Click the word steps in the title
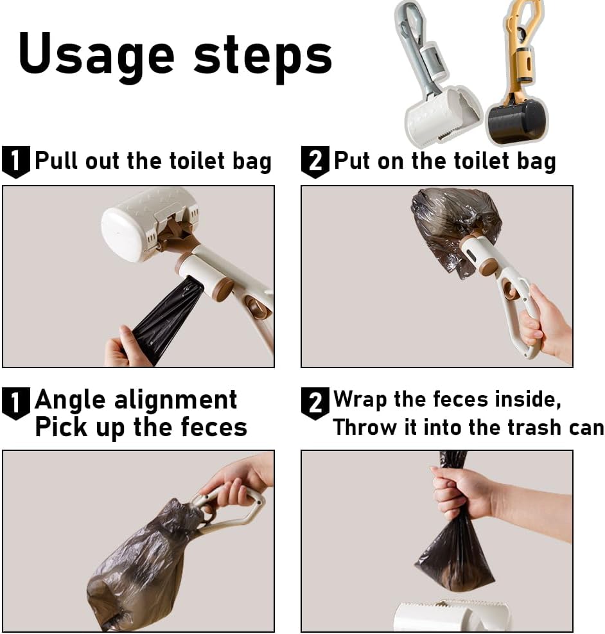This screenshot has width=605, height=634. tap(263, 55)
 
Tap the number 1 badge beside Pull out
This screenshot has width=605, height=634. tap(16, 162)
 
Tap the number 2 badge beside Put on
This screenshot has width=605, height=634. tap(315, 162)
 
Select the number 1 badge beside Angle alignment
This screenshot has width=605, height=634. tap(16, 403)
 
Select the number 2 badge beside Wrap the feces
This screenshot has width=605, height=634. tap(315, 403)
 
